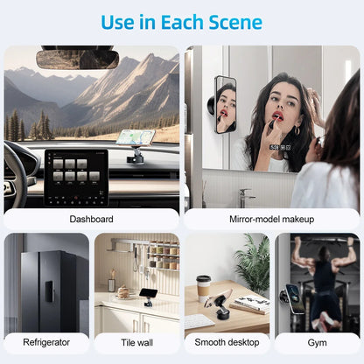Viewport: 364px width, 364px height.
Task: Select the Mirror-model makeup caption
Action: (272, 219)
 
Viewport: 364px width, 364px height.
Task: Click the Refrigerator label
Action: (45, 343)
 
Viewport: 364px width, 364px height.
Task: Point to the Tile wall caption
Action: (136, 343)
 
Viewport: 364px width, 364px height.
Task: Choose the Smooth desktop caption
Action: (227, 343)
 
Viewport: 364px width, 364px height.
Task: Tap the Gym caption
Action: (317, 343)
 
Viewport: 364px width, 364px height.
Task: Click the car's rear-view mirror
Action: (77, 59)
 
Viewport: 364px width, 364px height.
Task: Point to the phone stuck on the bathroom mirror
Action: (225, 104)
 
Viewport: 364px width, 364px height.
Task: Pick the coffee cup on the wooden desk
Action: (203, 287)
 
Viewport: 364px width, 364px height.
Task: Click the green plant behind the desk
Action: (253, 262)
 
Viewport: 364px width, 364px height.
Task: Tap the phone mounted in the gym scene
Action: (295, 297)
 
